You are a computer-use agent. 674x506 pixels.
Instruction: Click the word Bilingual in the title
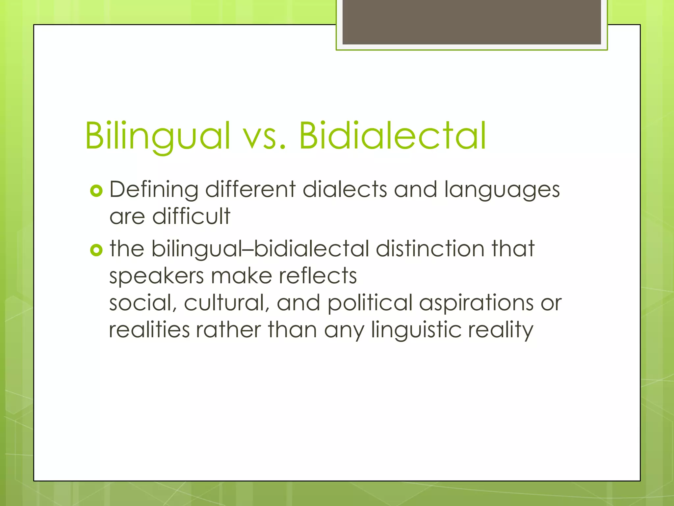pyautogui.click(x=157, y=136)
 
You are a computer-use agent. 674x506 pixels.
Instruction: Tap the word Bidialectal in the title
pyautogui.click(x=392, y=136)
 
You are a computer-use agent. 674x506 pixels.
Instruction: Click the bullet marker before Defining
pyautogui.click(x=96, y=191)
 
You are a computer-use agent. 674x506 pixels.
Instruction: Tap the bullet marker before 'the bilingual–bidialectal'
pyautogui.click(x=96, y=250)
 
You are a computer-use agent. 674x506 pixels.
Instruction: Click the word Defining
pyautogui.click(x=154, y=190)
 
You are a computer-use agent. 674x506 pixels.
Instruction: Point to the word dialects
pyautogui.click(x=345, y=190)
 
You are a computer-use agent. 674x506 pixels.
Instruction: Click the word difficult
pyautogui.click(x=191, y=216)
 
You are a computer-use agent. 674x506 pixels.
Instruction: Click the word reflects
pyautogui.click(x=318, y=276)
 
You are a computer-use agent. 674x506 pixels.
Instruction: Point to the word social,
pyautogui.click(x=143, y=303)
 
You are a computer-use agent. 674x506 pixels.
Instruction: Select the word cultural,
pyautogui.click(x=227, y=303)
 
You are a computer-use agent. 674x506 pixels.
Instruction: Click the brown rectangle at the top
pyautogui.click(x=471, y=22)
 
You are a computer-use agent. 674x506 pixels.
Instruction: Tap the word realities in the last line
pyautogui.click(x=149, y=330)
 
